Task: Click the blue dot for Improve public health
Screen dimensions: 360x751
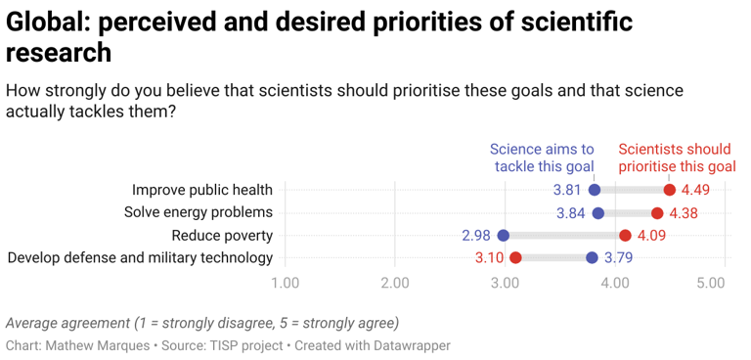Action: [595, 190]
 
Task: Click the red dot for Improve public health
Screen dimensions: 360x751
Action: [669, 190]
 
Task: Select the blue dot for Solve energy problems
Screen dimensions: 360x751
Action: [597, 212]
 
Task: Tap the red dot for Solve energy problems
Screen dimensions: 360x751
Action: [657, 212]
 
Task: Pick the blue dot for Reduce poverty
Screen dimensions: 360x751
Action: [504, 235]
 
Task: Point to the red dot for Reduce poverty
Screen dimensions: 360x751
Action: [625, 235]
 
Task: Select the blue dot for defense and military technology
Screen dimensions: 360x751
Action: [592, 257]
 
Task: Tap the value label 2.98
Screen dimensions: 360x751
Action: [476, 235]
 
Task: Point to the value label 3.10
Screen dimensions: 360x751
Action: [489, 257]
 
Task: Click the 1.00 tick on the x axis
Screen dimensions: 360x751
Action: [285, 283]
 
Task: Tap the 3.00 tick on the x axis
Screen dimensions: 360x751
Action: [505, 283]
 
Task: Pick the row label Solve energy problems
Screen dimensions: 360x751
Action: [198, 212]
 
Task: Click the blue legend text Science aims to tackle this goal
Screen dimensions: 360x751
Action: [542, 158]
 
